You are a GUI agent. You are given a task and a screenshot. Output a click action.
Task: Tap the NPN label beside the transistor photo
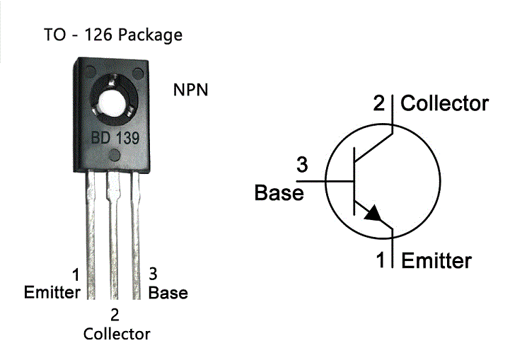191,91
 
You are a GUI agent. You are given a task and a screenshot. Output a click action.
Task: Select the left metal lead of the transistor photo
91,233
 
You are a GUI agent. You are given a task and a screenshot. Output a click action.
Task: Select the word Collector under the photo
117,333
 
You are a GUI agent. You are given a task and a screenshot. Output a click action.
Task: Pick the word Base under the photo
168,292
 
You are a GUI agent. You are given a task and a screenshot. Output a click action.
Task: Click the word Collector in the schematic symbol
445,104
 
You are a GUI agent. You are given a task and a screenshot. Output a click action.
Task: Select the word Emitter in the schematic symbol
436,261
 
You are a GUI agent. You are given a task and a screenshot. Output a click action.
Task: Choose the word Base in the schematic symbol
279,192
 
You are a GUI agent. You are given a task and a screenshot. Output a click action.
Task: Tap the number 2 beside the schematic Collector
380,104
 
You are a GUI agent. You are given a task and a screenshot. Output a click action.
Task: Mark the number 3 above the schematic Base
301,166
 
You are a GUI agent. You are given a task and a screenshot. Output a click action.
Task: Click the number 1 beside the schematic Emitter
381,261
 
